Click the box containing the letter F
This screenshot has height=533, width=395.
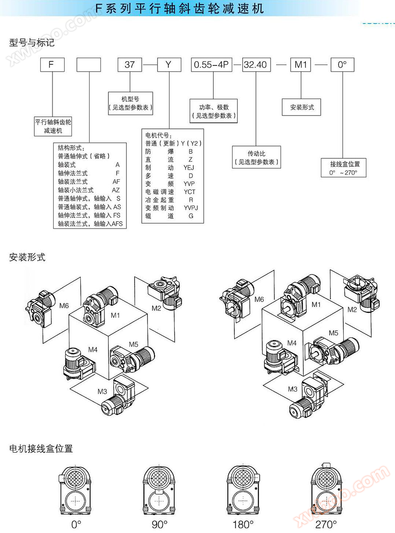coord(52,65)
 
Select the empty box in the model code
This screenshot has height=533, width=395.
coord(89,65)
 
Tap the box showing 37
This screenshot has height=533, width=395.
coord(129,65)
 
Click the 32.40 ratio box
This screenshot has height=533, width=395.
coord(255,65)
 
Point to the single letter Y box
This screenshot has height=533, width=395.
coord(169,65)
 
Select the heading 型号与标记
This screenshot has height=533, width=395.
coord(32,43)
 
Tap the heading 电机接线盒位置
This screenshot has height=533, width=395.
coord(41,449)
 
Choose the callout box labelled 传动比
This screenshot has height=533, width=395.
coord(257,157)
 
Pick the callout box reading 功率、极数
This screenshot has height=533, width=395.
coord(214,111)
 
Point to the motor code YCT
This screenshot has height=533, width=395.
coord(190,192)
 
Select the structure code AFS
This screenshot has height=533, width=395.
coord(117,224)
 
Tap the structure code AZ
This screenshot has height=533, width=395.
coord(116,190)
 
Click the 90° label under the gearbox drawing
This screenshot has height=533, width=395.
coord(160,524)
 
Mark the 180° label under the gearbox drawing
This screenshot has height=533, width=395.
coord(243,524)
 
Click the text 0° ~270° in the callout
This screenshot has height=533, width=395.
coord(343,173)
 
